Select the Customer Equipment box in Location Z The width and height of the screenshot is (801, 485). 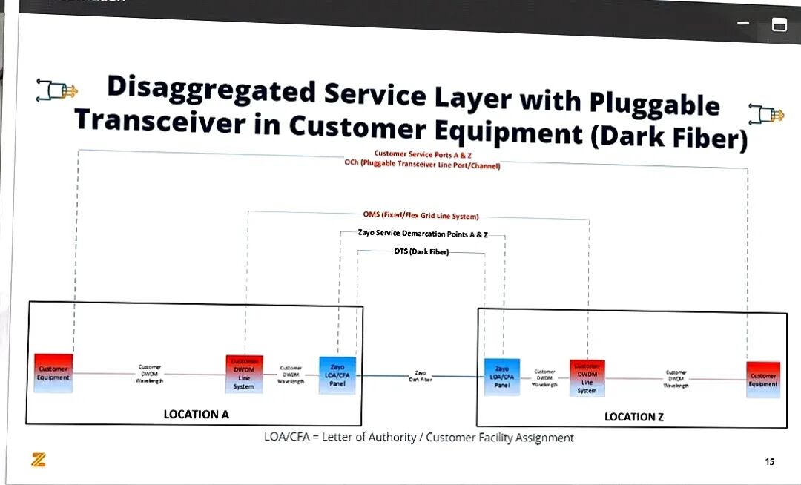coord(763,380)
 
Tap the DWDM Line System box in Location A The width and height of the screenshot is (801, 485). coord(244,374)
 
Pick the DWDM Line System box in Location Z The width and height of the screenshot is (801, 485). coord(587,378)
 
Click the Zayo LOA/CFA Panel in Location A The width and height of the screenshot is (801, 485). coord(337,375)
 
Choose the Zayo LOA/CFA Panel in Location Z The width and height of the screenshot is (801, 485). coord(502,377)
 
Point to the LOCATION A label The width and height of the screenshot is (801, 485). coord(196,415)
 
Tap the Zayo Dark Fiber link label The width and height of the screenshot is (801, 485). coord(421,376)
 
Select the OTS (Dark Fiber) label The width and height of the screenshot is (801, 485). coord(421,251)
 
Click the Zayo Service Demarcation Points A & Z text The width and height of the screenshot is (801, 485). coord(423,234)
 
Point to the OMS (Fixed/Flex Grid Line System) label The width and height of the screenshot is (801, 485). coord(421,215)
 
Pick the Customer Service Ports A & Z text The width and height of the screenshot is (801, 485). coord(423,154)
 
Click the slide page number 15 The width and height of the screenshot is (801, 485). coord(769,462)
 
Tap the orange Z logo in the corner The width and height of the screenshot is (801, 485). coord(39,460)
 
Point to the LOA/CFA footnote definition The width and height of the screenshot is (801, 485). coord(419,438)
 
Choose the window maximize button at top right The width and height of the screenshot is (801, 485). coord(779,24)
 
